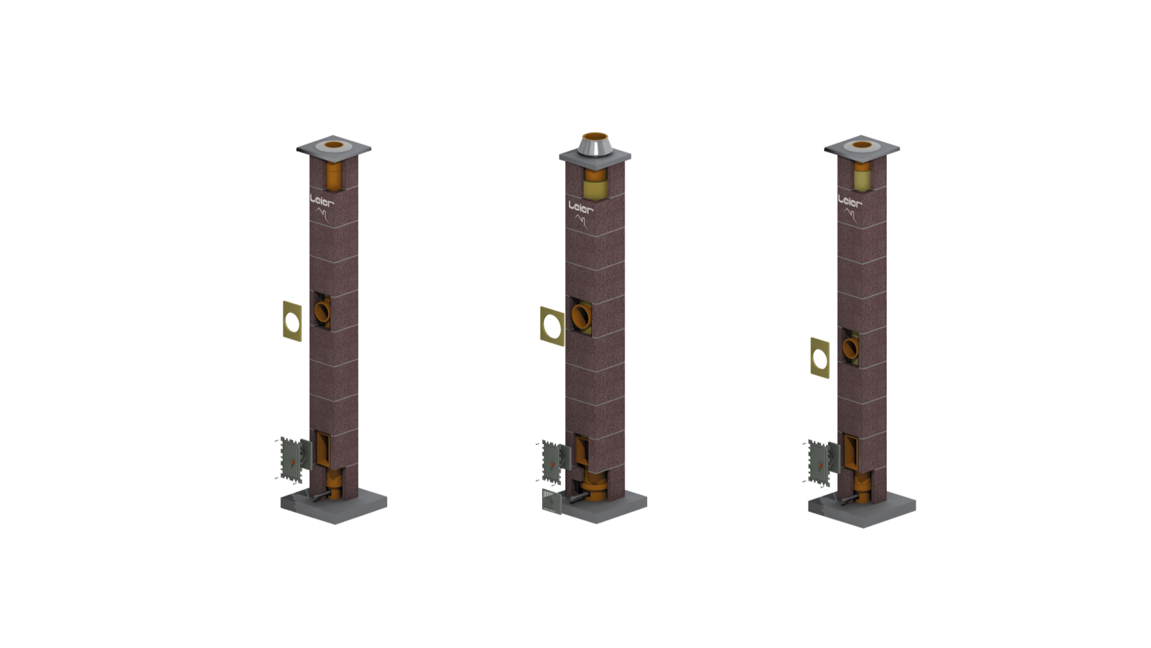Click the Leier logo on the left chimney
pos(321,207)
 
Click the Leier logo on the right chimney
pos(850,207)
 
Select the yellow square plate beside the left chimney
pos(293,321)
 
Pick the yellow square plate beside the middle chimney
pos(553,326)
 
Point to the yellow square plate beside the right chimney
pos(820,358)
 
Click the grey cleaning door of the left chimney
pos(291,460)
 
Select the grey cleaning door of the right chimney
pos(819,463)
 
